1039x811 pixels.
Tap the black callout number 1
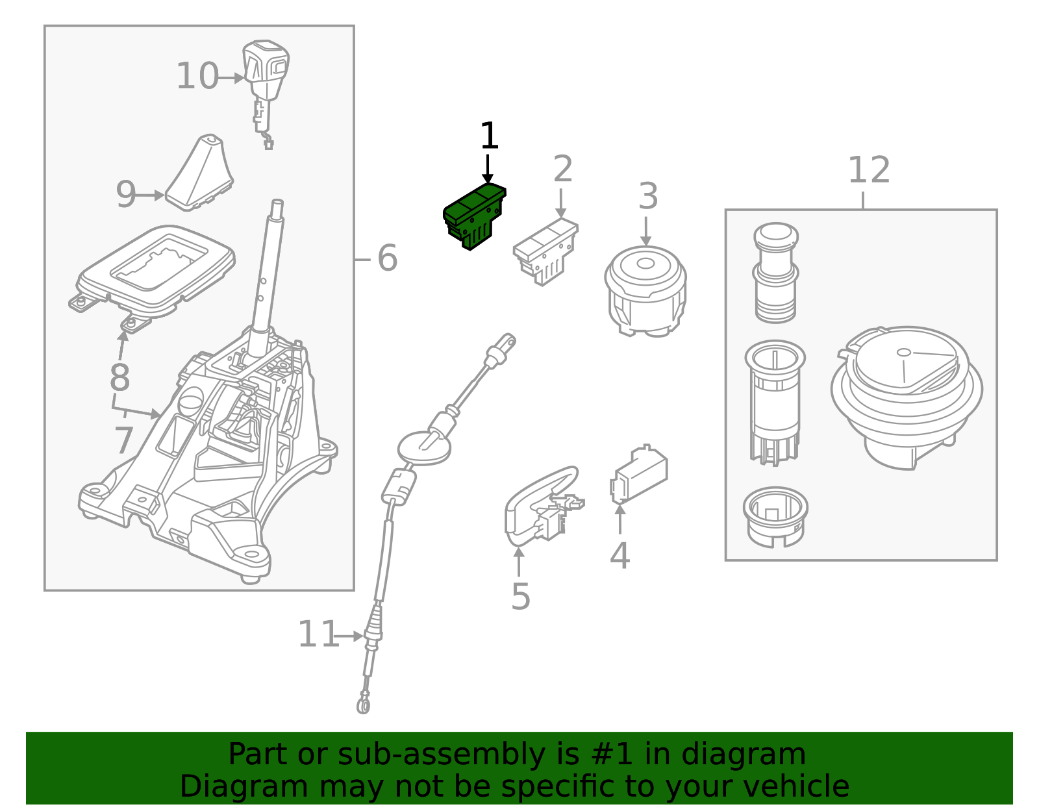[489, 137]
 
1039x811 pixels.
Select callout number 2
[562, 169]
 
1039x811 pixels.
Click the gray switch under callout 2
[545, 251]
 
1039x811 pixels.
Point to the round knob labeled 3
[645, 290]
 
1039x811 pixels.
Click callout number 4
[620, 556]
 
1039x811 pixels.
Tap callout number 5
[520, 596]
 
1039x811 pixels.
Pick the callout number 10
[197, 77]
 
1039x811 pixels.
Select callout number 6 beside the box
[387, 258]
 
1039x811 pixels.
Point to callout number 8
[119, 377]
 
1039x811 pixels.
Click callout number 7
[123, 441]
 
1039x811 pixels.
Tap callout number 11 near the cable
[318, 635]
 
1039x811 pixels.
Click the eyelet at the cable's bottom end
[364, 704]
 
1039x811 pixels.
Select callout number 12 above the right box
[868, 171]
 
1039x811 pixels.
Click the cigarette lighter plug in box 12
[775, 273]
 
